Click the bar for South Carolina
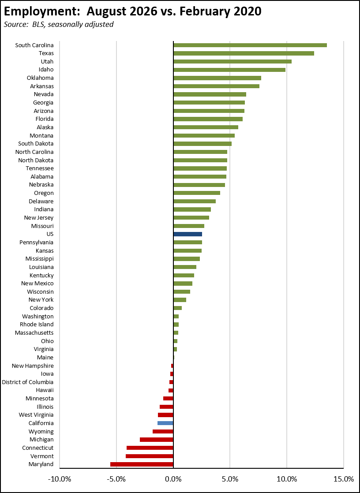tap(250, 45)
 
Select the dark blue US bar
tap(188, 234)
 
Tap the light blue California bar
tap(165, 423)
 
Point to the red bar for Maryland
tap(142, 464)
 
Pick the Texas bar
tap(244, 53)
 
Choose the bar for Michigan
tap(157, 440)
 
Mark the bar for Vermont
tap(150, 456)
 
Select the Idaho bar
tap(229, 70)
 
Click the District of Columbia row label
tap(28, 382)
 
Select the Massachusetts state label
tap(34, 332)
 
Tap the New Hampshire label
tap(33, 366)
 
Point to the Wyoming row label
tap(41, 431)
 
